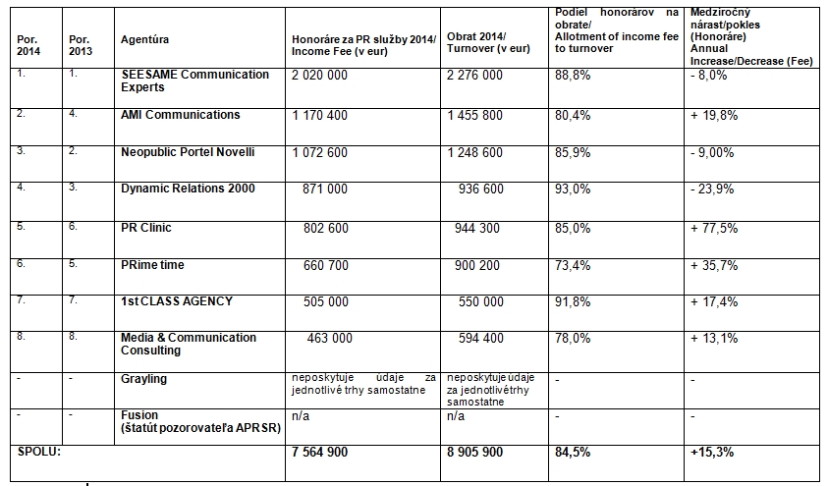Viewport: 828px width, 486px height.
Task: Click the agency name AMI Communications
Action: (x=180, y=115)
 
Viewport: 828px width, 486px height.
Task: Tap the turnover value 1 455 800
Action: (x=474, y=115)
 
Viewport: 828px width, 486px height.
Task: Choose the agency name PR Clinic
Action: (x=145, y=228)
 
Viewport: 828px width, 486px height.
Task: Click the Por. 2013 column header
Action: (x=81, y=45)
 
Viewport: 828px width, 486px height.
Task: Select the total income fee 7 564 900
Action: (x=320, y=452)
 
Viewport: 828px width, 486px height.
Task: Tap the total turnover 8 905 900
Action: (x=474, y=452)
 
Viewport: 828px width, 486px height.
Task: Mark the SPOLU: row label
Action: (x=40, y=451)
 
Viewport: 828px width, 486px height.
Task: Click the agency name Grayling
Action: (x=143, y=378)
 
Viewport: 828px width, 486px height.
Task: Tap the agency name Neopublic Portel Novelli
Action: (x=188, y=152)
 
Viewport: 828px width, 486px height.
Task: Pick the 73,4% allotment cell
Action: (x=573, y=265)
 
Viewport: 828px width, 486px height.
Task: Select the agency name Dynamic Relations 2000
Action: (x=188, y=189)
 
